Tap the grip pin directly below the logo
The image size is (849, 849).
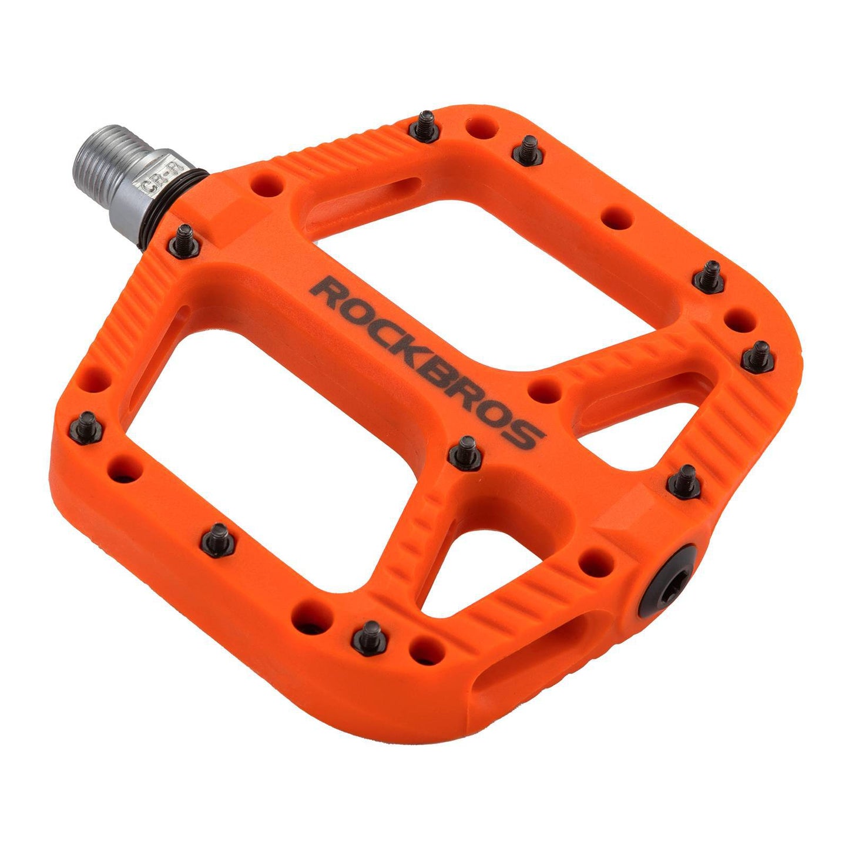pyautogui.click(x=465, y=453)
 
